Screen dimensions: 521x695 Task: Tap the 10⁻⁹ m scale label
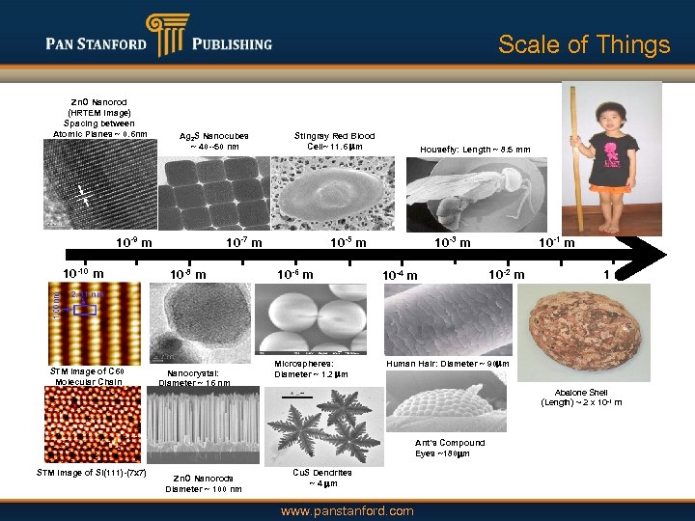pos(132,242)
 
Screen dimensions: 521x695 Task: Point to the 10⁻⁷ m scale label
pos(243,242)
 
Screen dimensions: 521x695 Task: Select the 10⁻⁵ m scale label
pos(347,242)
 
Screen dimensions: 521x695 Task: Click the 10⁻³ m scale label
pos(452,242)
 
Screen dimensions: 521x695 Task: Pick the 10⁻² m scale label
pos(506,275)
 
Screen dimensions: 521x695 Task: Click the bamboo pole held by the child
pos(579,154)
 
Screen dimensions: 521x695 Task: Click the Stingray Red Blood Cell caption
pos(334,141)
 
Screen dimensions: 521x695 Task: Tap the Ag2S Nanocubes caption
pos(214,141)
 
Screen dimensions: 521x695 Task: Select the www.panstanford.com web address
pos(347,510)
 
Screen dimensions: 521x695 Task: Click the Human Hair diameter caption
pos(447,363)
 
